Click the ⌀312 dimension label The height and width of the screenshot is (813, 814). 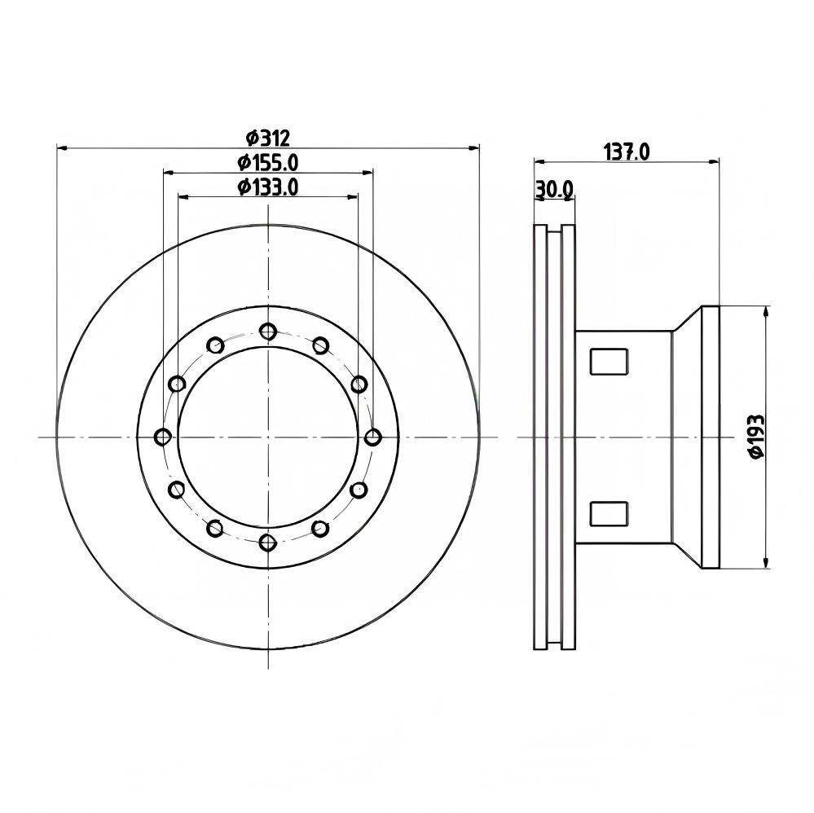(267, 138)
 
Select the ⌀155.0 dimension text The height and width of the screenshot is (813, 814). (268, 163)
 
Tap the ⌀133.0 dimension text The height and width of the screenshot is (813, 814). (268, 187)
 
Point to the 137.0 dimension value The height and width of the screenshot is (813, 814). (627, 152)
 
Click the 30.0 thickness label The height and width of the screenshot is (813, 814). (554, 190)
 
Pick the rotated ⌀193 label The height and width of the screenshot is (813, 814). (757, 436)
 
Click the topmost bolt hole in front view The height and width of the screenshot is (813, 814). (268, 331)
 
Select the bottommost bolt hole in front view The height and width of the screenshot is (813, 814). (268, 543)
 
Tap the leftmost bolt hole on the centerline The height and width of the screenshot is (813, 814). (163, 437)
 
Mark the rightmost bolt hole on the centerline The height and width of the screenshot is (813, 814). (372, 437)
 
